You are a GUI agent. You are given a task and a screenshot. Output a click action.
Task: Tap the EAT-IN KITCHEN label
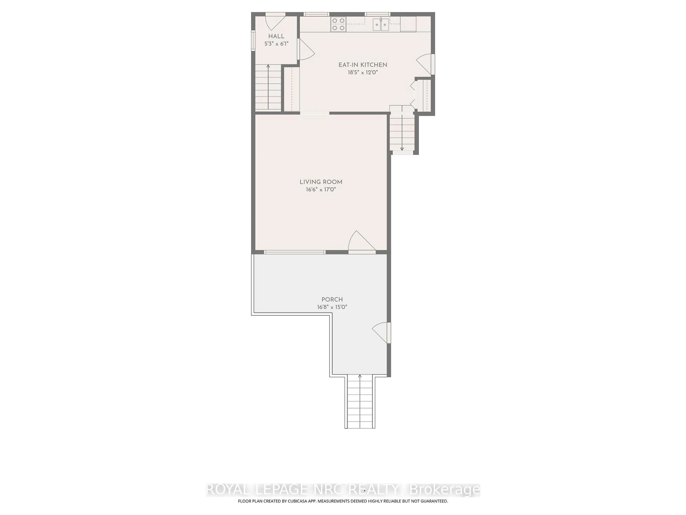362,65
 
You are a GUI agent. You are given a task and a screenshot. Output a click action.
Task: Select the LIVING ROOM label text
321,182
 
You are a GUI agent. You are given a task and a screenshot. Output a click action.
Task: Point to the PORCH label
332,300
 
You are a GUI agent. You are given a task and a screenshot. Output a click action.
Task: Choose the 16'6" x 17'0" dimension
321,189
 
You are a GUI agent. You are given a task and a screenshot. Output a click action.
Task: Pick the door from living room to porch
361,242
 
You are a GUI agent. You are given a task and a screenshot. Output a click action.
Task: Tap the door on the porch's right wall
381,332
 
